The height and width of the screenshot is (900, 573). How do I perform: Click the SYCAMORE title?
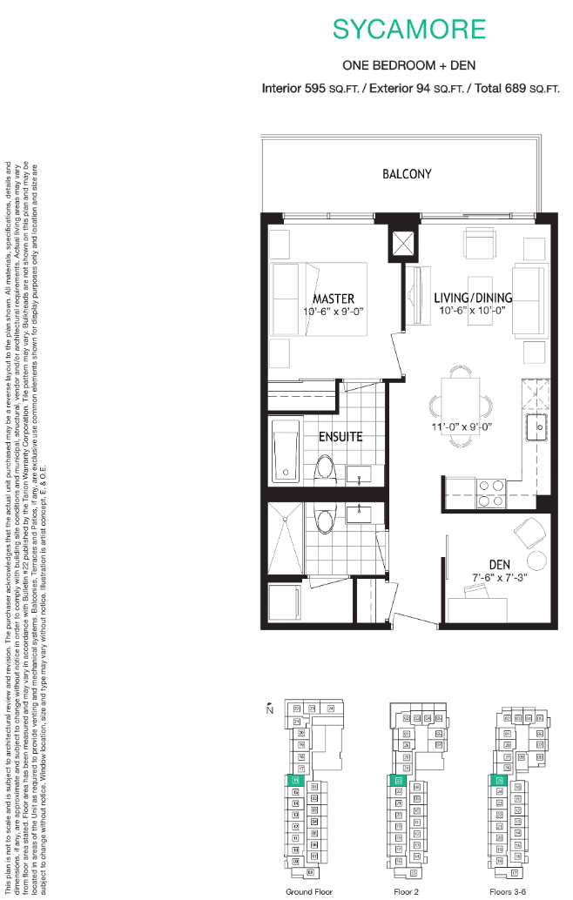click(408, 29)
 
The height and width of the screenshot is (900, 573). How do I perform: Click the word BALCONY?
click(407, 174)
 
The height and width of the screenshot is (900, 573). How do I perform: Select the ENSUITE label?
click(339, 436)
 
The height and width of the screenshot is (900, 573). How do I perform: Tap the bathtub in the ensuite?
click(286, 451)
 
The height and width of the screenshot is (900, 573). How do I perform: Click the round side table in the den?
click(527, 529)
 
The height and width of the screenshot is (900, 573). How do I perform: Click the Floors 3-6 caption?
click(508, 891)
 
